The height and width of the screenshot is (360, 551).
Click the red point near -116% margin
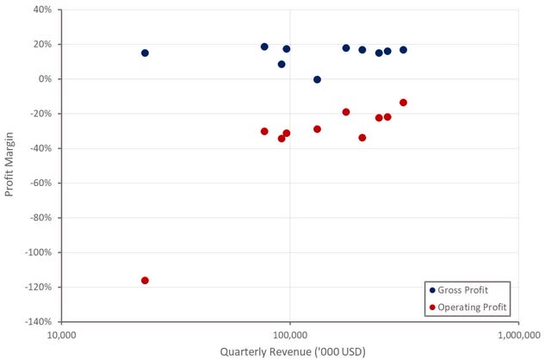145,280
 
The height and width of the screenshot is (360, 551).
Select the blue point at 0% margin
317,79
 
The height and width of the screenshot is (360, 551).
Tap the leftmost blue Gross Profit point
145,53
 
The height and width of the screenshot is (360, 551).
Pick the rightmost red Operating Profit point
403,102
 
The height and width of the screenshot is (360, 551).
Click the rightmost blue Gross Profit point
403,50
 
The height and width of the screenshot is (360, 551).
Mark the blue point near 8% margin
282,64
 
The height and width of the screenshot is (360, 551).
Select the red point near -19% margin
346,112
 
